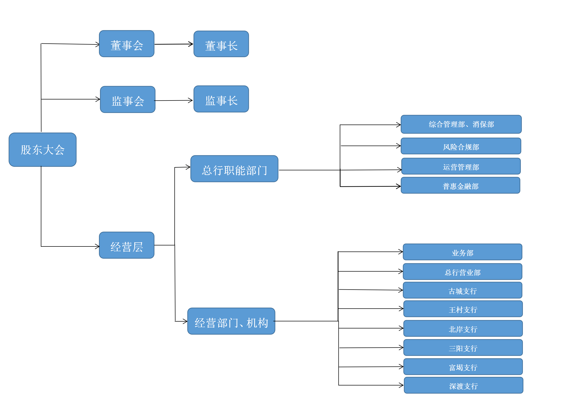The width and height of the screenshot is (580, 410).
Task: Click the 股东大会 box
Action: click(43, 150)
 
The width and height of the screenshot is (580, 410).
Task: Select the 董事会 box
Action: click(127, 44)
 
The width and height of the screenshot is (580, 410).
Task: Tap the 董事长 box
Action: click(221, 44)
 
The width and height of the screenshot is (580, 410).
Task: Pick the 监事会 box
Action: click(128, 99)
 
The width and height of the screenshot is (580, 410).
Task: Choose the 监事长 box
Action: click(221, 99)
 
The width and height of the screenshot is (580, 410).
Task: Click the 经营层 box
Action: click(127, 245)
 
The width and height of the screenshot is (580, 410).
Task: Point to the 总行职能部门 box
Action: click(234, 169)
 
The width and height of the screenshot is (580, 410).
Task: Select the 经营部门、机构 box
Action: click(231, 321)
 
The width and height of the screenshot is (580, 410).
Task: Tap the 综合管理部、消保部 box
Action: click(461, 124)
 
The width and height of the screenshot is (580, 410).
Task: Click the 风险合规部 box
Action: click(461, 146)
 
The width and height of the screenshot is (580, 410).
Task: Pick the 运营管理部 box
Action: click(461, 166)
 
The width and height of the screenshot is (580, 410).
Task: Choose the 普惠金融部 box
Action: click(460, 185)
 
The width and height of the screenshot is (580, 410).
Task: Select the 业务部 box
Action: click(462, 252)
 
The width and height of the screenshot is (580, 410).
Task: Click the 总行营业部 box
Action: click(462, 272)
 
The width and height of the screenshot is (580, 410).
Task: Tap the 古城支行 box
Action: click(462, 290)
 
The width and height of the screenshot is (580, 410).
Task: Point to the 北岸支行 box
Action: click(463, 328)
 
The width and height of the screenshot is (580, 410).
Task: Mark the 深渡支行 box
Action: click(463, 385)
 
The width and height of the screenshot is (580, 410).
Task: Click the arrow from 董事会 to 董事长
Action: click(174, 44)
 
